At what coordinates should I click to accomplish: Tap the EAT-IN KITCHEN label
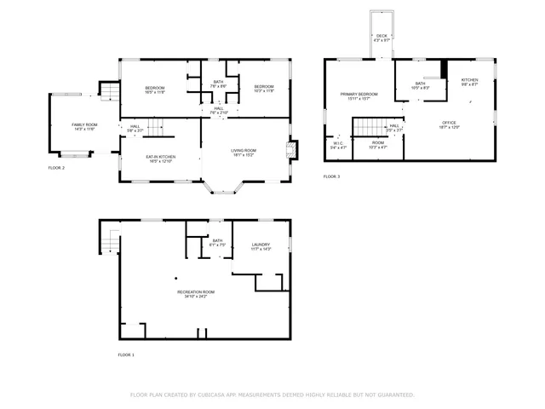[x=161, y=158]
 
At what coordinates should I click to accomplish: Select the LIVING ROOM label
[x=244, y=153]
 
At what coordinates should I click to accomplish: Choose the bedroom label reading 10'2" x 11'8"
[x=264, y=88]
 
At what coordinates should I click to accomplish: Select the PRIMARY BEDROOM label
[x=359, y=95]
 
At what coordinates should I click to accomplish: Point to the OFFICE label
[x=449, y=124]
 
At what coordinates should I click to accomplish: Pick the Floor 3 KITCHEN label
[x=469, y=82]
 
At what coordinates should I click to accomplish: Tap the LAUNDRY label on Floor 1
[x=261, y=247]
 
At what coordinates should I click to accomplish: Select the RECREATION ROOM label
[x=196, y=294]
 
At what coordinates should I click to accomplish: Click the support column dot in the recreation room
[x=175, y=278]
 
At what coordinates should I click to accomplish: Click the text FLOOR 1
[x=126, y=354]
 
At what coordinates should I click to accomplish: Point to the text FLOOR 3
[x=331, y=176]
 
